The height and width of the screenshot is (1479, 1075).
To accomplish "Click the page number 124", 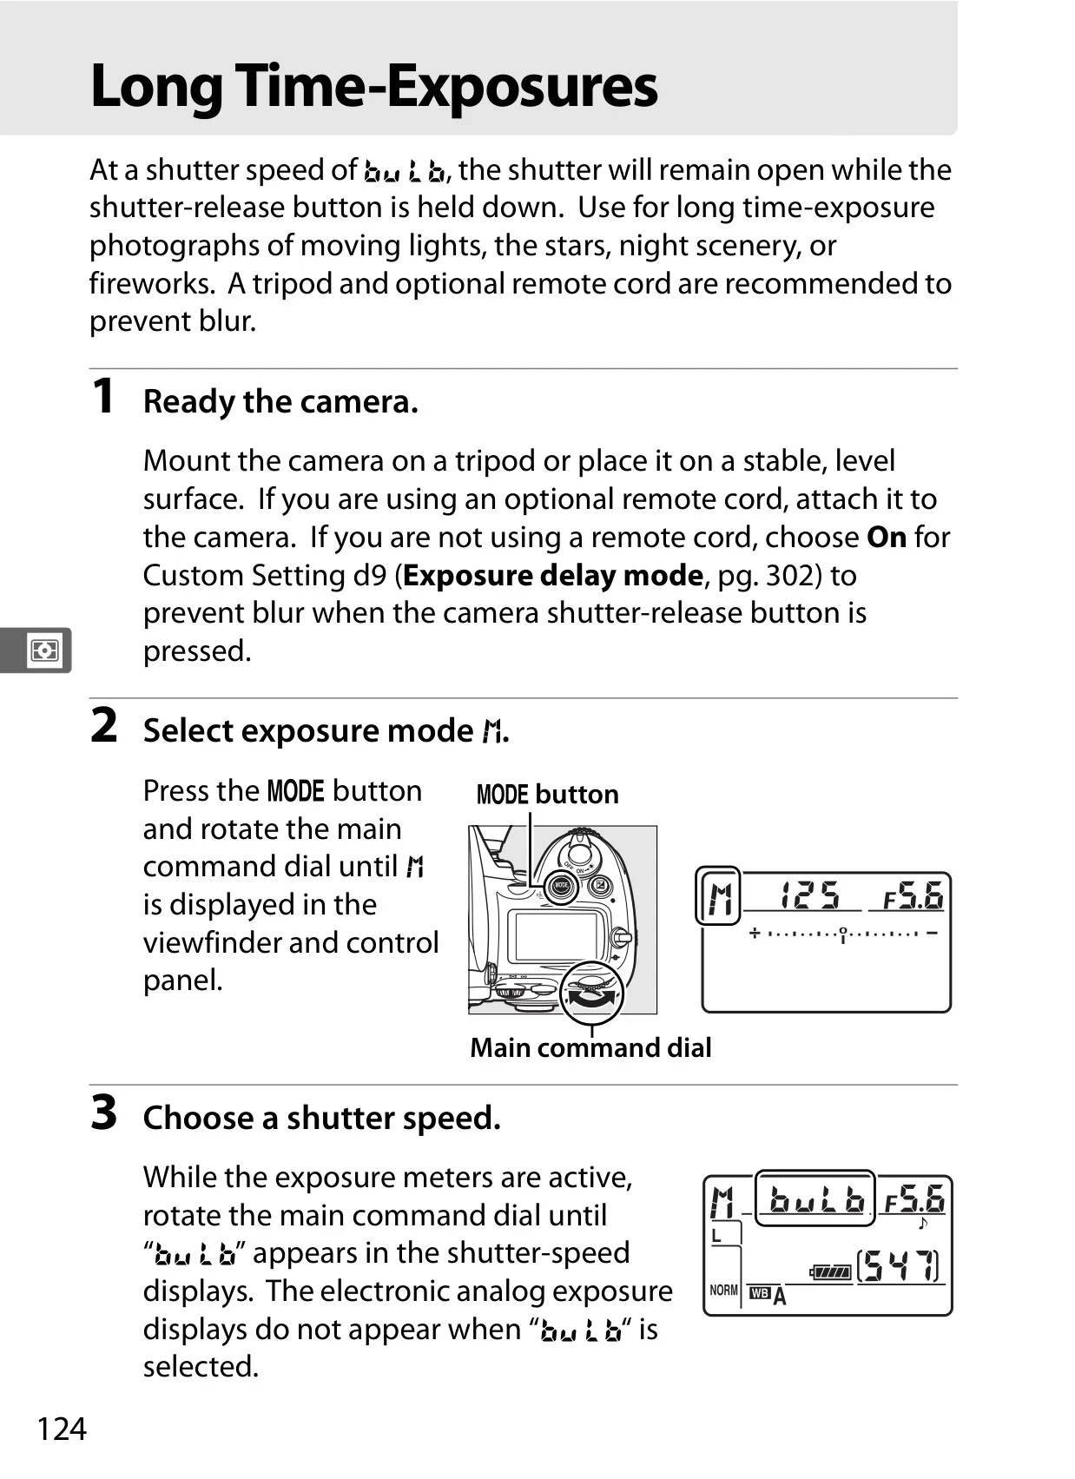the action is coord(62,1429).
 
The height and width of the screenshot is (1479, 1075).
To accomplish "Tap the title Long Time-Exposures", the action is coord(373,87).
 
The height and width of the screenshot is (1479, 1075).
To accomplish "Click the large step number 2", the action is coord(103,725).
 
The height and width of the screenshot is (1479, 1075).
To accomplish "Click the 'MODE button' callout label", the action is coord(547,795).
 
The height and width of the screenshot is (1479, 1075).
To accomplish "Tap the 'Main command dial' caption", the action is coord(590,1048).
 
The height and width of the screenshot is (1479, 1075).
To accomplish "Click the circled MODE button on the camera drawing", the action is coord(561,886).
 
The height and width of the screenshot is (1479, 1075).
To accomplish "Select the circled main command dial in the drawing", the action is coord(591,993).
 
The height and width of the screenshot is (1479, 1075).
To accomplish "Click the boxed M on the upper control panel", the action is coord(718,895).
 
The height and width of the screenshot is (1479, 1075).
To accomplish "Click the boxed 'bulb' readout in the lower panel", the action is coord(814,1198).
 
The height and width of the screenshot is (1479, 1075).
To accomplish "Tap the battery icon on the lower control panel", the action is coord(831,1271).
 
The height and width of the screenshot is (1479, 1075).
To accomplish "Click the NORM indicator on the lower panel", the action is coord(723,1291).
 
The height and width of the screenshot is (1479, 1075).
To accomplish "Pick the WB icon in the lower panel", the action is coord(760,1293).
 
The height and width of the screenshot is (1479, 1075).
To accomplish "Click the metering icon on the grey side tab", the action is coord(44,650).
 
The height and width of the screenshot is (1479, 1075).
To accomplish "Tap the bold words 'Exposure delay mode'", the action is coord(553,576).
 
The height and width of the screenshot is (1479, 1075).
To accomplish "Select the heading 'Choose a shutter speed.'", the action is coord(322,1118).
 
